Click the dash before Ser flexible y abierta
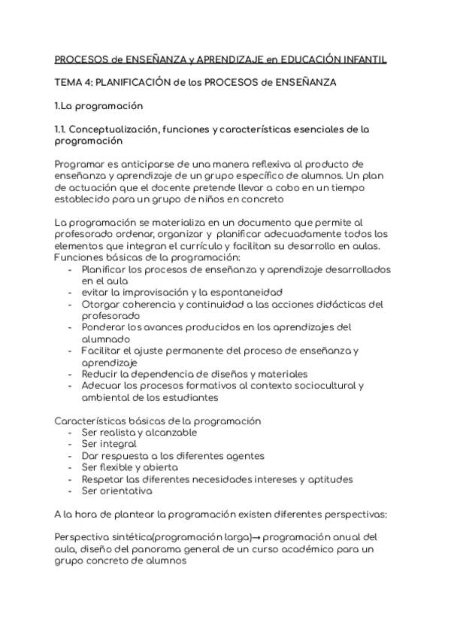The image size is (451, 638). [x=70, y=467]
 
